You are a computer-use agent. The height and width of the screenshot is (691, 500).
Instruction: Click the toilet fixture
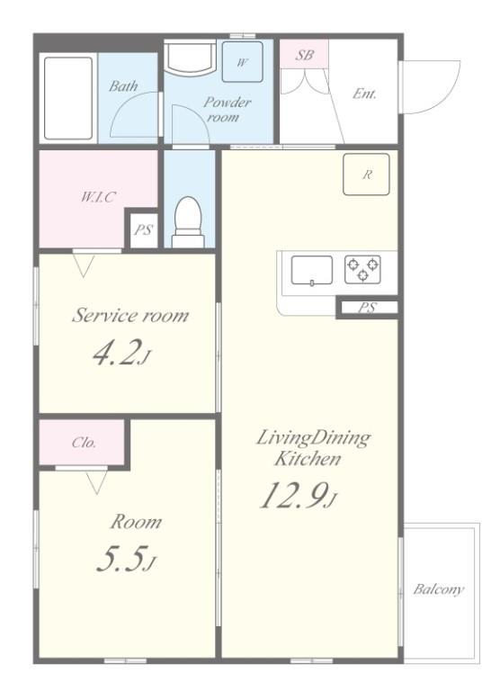point(188,222)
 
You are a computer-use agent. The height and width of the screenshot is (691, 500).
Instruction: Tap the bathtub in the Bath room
point(68,98)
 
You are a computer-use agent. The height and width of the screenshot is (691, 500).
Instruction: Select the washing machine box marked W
point(242,62)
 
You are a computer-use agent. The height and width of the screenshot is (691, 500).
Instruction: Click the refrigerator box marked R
point(366,174)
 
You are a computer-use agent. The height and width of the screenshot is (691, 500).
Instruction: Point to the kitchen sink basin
point(311,271)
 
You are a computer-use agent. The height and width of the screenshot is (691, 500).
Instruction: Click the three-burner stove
point(362,269)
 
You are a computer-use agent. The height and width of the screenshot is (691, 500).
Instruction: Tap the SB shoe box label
point(304,55)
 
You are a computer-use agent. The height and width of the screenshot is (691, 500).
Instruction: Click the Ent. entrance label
point(364,94)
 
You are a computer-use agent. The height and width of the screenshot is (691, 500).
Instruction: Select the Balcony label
point(438,589)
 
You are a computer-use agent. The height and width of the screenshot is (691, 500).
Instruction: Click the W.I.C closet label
point(98,196)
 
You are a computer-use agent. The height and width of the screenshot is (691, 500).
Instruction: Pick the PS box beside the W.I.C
point(143,229)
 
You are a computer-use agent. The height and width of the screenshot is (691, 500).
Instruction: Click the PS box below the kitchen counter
point(368,307)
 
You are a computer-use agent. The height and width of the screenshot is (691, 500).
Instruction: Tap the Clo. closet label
point(84,442)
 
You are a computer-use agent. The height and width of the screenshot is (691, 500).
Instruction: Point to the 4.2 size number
point(121,352)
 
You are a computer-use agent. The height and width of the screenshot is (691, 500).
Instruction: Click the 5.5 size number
point(126,560)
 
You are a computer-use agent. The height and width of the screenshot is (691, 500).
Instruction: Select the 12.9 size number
point(299,495)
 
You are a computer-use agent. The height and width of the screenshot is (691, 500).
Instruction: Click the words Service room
point(130,315)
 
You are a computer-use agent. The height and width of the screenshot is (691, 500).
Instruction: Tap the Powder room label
point(227,110)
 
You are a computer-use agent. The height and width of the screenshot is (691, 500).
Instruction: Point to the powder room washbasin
point(192,58)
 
